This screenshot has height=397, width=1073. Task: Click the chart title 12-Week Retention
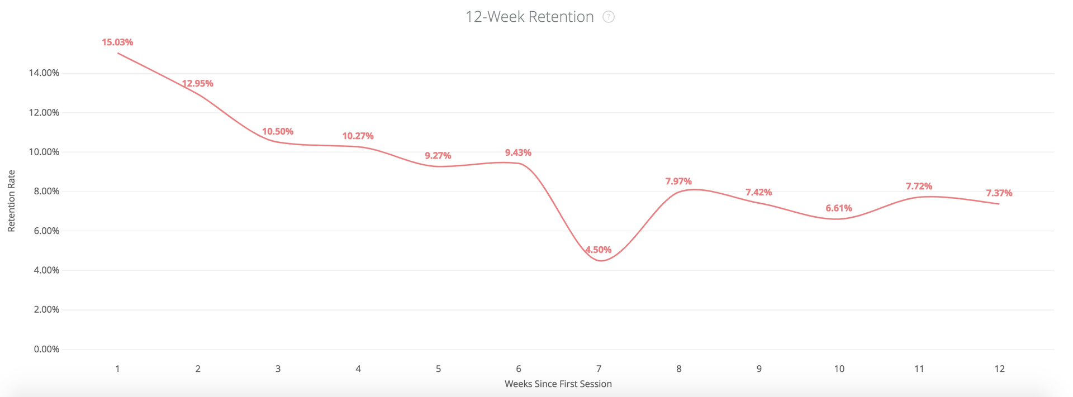(529, 17)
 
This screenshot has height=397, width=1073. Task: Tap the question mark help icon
(609, 17)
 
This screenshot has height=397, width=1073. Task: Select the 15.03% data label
(117, 42)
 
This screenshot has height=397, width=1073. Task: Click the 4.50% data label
(598, 250)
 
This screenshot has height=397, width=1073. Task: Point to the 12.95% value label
(197, 83)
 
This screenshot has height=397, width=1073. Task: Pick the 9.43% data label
(518, 152)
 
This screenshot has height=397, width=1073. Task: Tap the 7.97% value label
(678, 181)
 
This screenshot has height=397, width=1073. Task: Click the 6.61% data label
(839, 208)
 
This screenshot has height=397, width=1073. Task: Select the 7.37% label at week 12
(999, 193)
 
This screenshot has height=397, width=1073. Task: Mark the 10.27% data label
(358, 136)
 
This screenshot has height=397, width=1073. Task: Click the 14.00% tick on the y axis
(44, 73)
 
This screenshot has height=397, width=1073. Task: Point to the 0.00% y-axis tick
(46, 349)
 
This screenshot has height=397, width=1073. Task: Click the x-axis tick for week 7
(599, 369)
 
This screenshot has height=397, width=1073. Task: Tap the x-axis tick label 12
(999, 369)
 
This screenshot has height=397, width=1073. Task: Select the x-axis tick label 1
(117, 369)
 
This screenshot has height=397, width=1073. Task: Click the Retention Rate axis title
(11, 201)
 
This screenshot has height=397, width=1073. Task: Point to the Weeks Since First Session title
(558, 384)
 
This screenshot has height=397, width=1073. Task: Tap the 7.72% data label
(919, 186)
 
